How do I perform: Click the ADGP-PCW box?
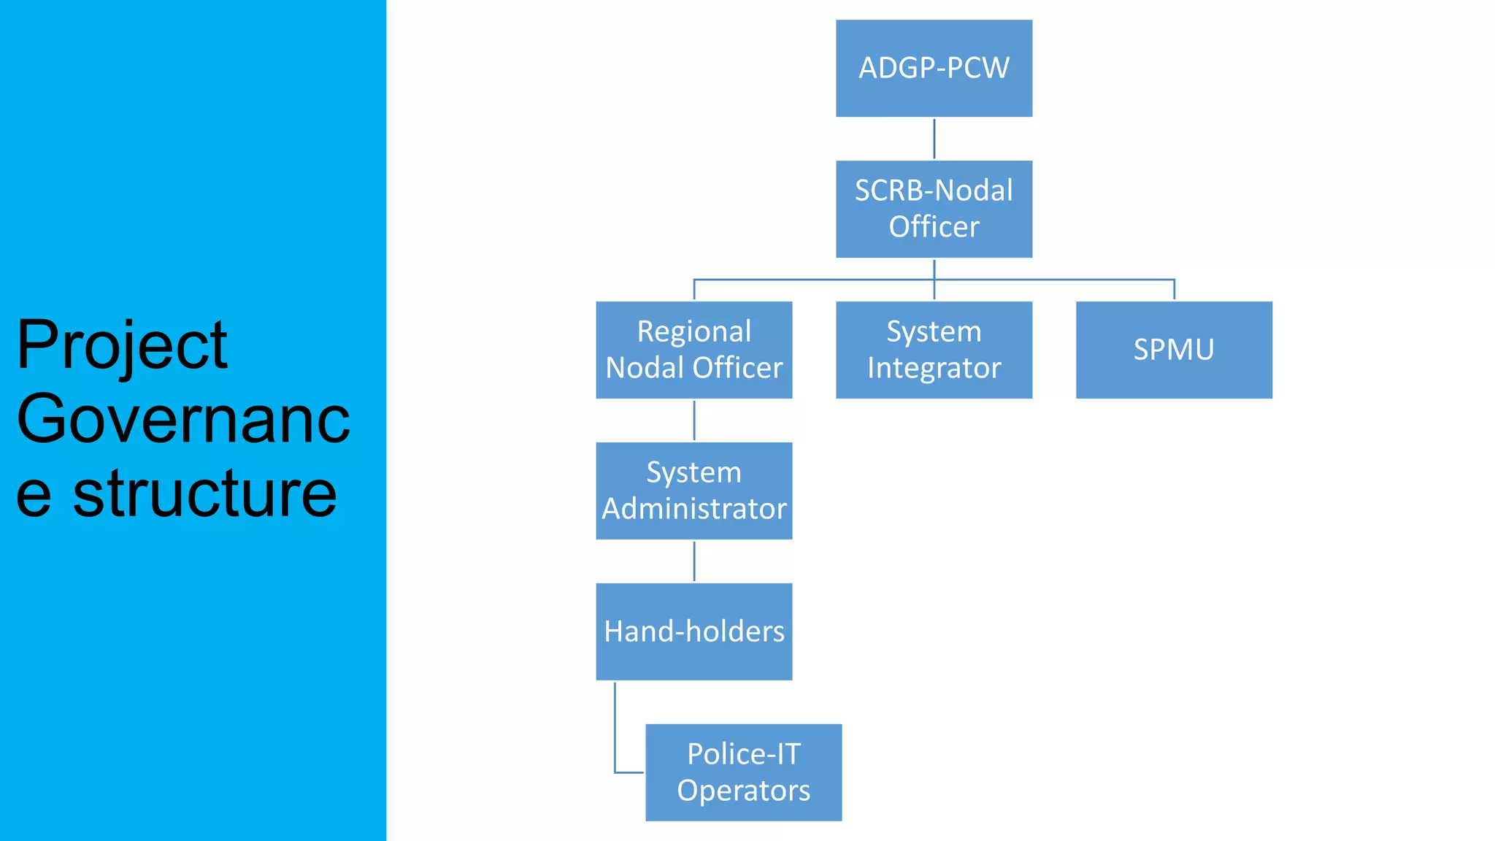click(x=934, y=68)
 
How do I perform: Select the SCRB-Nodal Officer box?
click(x=934, y=209)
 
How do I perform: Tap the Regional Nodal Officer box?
click(x=693, y=350)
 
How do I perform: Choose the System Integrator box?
click(x=934, y=350)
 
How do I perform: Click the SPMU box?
click(x=1174, y=350)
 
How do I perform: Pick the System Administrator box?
click(x=693, y=491)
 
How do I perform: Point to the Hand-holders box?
click(x=693, y=631)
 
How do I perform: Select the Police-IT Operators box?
click(x=743, y=772)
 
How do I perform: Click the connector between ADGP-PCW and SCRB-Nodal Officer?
click(x=934, y=139)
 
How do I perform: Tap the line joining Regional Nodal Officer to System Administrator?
click(x=694, y=420)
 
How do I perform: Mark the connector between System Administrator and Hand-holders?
click(x=694, y=561)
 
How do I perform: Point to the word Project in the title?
click(x=122, y=346)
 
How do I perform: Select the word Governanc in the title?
click(x=183, y=419)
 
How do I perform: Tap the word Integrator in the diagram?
click(x=934, y=368)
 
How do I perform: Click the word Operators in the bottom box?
click(x=743, y=791)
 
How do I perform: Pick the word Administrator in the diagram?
click(x=693, y=509)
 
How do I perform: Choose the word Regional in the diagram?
click(x=693, y=331)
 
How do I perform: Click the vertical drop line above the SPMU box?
click(x=1174, y=289)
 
